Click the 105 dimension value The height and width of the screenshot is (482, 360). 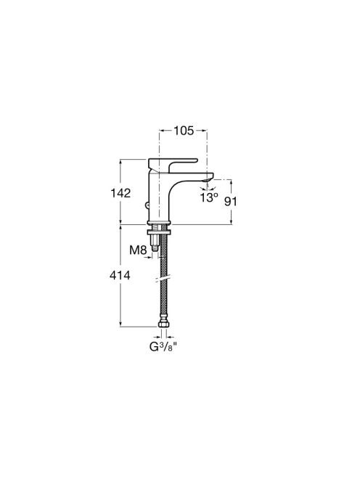click(x=184, y=131)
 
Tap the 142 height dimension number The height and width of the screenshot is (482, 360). click(x=120, y=193)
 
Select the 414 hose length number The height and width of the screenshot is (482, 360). click(x=120, y=275)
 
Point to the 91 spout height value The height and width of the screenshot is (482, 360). click(x=231, y=202)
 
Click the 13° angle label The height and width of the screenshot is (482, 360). click(x=209, y=197)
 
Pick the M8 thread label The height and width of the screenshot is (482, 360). click(x=138, y=250)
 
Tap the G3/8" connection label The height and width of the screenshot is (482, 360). click(x=164, y=347)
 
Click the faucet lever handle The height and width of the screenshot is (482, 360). click(x=173, y=164)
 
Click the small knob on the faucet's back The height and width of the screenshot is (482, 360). click(x=147, y=205)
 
